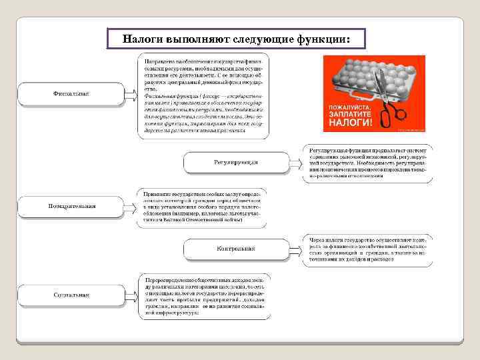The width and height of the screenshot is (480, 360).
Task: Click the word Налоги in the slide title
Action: pos(141,39)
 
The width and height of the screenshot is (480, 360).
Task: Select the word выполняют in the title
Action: pos(193,39)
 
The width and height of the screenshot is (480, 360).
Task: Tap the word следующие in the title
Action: pos(258,39)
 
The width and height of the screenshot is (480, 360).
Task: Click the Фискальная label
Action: pos(70,94)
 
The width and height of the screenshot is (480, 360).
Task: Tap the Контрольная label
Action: pos(235,249)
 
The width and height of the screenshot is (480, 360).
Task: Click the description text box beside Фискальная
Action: pos(203,95)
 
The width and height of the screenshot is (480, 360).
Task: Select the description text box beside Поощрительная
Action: pos(203,206)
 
